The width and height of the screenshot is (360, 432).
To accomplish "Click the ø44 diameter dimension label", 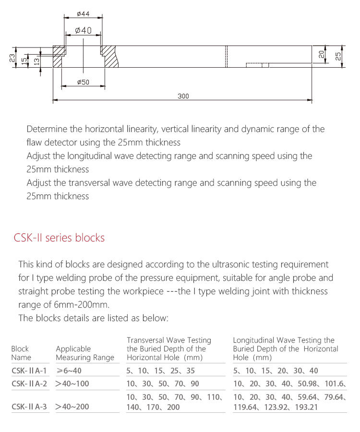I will (83, 14).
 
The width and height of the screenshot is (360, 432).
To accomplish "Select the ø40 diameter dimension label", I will (83, 31).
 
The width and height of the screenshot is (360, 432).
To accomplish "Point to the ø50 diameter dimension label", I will (83, 83).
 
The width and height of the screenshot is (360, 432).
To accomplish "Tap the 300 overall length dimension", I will (183, 96).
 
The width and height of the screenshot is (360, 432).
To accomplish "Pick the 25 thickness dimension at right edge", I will (338, 56).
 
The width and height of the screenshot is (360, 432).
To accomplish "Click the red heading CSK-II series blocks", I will (59, 238).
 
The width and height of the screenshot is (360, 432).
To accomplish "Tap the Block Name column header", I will (21, 353).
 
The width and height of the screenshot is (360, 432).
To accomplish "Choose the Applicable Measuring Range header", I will (85, 353).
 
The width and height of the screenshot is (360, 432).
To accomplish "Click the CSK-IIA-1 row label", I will (29, 371).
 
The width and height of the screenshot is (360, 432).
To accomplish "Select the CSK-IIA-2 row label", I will (29, 384).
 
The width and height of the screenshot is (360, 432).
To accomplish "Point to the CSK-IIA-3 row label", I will (29, 407).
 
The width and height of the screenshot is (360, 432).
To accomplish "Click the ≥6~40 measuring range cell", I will (69, 371).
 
